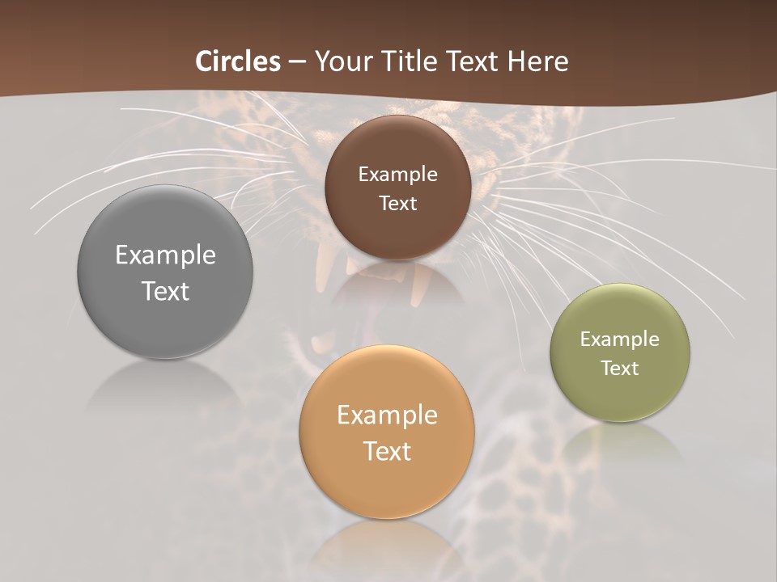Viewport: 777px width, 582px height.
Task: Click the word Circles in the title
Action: tap(238, 61)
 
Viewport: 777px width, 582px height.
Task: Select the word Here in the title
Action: tap(538, 61)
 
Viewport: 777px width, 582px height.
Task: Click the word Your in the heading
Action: tap(342, 61)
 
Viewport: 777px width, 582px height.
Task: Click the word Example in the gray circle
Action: tap(165, 255)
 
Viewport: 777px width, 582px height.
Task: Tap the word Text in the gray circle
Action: tap(165, 292)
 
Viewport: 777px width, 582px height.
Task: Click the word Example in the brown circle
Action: tap(397, 175)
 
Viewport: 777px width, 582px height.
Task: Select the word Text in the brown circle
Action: tap(397, 204)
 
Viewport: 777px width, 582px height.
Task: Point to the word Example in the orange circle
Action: tap(387, 415)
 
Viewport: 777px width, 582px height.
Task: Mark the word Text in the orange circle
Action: tap(387, 451)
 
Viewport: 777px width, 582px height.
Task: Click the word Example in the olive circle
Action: tap(620, 339)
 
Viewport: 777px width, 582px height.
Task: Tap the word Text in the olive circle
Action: tap(620, 369)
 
